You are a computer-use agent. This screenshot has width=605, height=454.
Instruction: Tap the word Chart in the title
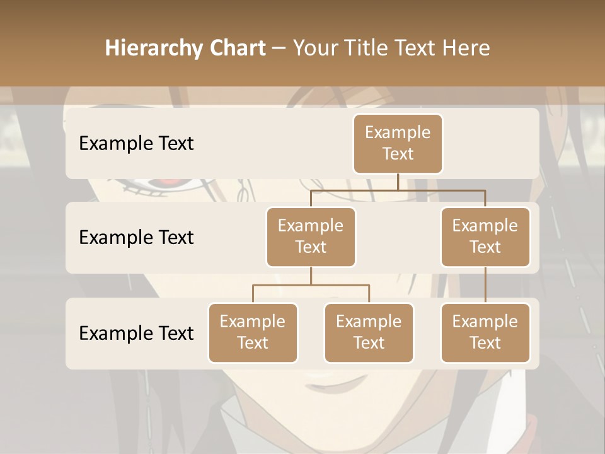click(x=237, y=49)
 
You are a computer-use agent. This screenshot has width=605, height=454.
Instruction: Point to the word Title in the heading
click(x=367, y=49)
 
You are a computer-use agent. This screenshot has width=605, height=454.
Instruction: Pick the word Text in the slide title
click(x=415, y=49)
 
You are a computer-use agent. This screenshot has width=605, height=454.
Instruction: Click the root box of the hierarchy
click(x=398, y=144)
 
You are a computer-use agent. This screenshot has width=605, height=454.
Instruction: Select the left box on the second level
click(x=311, y=237)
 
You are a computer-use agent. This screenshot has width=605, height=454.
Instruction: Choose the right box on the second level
click(x=485, y=237)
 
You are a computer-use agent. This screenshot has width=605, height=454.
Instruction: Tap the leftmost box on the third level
click(x=253, y=333)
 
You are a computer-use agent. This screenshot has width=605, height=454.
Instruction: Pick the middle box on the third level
click(x=369, y=333)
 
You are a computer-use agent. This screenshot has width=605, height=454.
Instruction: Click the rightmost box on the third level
click(x=485, y=333)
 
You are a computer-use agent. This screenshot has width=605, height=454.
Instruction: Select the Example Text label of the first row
click(x=136, y=144)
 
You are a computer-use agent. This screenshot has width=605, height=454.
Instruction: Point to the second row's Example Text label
click(x=136, y=238)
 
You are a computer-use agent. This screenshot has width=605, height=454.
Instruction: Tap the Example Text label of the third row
click(x=136, y=333)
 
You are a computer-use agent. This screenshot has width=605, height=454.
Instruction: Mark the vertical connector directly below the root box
click(x=398, y=182)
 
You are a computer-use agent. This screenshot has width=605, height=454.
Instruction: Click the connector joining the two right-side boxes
click(x=485, y=285)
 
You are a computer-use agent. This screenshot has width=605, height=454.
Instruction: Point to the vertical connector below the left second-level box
click(x=311, y=276)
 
